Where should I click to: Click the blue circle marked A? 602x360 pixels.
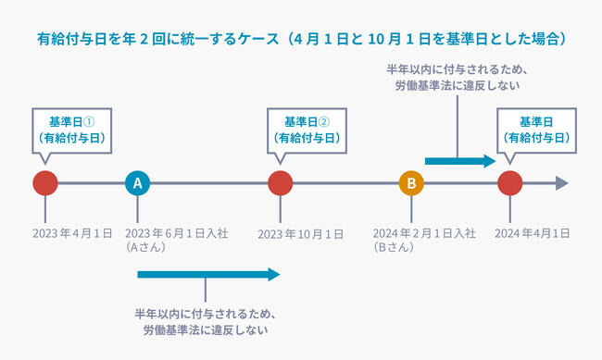point(137,183)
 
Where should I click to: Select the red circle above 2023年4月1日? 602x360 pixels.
point(44,183)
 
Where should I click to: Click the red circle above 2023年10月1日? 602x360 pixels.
point(280,183)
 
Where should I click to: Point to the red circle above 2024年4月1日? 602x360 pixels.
point(509,183)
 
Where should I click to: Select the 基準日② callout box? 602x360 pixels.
point(306,130)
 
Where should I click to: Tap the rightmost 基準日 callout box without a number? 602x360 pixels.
point(537,130)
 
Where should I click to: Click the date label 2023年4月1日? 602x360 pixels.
point(72,233)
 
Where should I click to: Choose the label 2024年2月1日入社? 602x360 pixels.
point(423,233)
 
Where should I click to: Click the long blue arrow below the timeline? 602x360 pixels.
point(207,274)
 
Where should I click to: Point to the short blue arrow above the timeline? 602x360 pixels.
point(460,161)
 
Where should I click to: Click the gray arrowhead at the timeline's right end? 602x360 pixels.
point(560,183)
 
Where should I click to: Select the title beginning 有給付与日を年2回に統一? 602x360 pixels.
point(301,40)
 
